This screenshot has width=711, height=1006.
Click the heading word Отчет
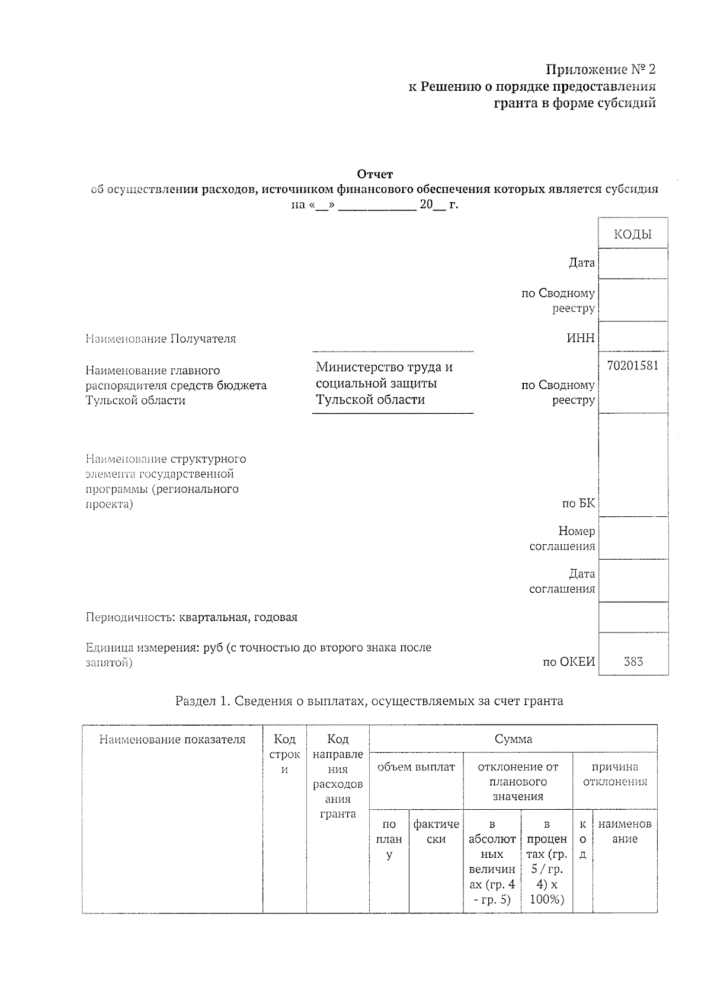pos(374,174)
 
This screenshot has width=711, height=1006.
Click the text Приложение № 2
pos(600,70)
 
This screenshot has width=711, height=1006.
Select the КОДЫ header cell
pos(633,234)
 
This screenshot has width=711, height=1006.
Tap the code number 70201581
pos(633,366)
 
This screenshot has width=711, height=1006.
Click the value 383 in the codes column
pos(633,662)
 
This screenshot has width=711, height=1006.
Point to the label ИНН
pos(581,338)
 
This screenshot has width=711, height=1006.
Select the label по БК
pos(578,504)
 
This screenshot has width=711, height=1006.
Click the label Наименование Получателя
pos(161,339)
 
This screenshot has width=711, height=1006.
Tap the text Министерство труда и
pos(384,367)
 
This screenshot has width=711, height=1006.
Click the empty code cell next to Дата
pos(633,263)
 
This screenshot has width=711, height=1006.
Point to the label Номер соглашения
pos(563,538)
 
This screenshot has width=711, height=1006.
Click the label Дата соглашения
pos(563,581)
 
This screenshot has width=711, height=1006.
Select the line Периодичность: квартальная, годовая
pos(191,617)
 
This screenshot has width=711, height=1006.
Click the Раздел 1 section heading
pos(369,701)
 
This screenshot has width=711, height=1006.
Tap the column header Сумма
pos(513,739)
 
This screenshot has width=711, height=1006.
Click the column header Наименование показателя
pos(172,739)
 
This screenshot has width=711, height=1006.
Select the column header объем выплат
pos(416,767)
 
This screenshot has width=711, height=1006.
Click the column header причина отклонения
pos(615,774)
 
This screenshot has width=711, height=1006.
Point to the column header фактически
pos(436,832)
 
